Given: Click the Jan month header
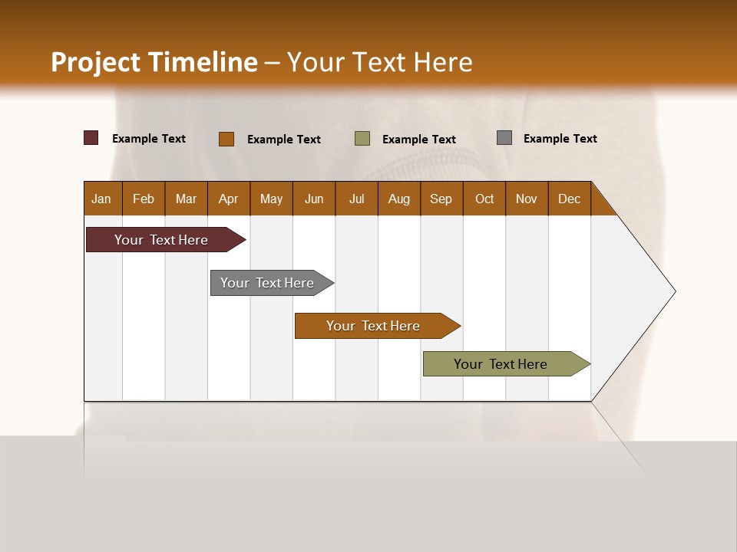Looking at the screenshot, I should click(x=101, y=199).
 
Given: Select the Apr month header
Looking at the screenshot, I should click(x=228, y=199).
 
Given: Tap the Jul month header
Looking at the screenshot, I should click(x=356, y=199).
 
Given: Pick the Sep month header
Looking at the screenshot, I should click(x=441, y=199).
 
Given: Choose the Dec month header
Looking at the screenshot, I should click(x=569, y=199).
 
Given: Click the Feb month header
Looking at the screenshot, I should click(x=144, y=199).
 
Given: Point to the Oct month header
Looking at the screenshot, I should click(x=484, y=199).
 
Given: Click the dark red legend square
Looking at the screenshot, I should click(x=91, y=138).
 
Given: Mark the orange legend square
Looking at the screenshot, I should click(x=226, y=139).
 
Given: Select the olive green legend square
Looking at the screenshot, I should click(x=362, y=138).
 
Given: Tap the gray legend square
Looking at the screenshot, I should click(x=504, y=137).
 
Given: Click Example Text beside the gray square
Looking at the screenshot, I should click(x=560, y=139).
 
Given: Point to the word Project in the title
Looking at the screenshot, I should click(x=95, y=62).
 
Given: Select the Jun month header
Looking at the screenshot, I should click(x=314, y=199).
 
